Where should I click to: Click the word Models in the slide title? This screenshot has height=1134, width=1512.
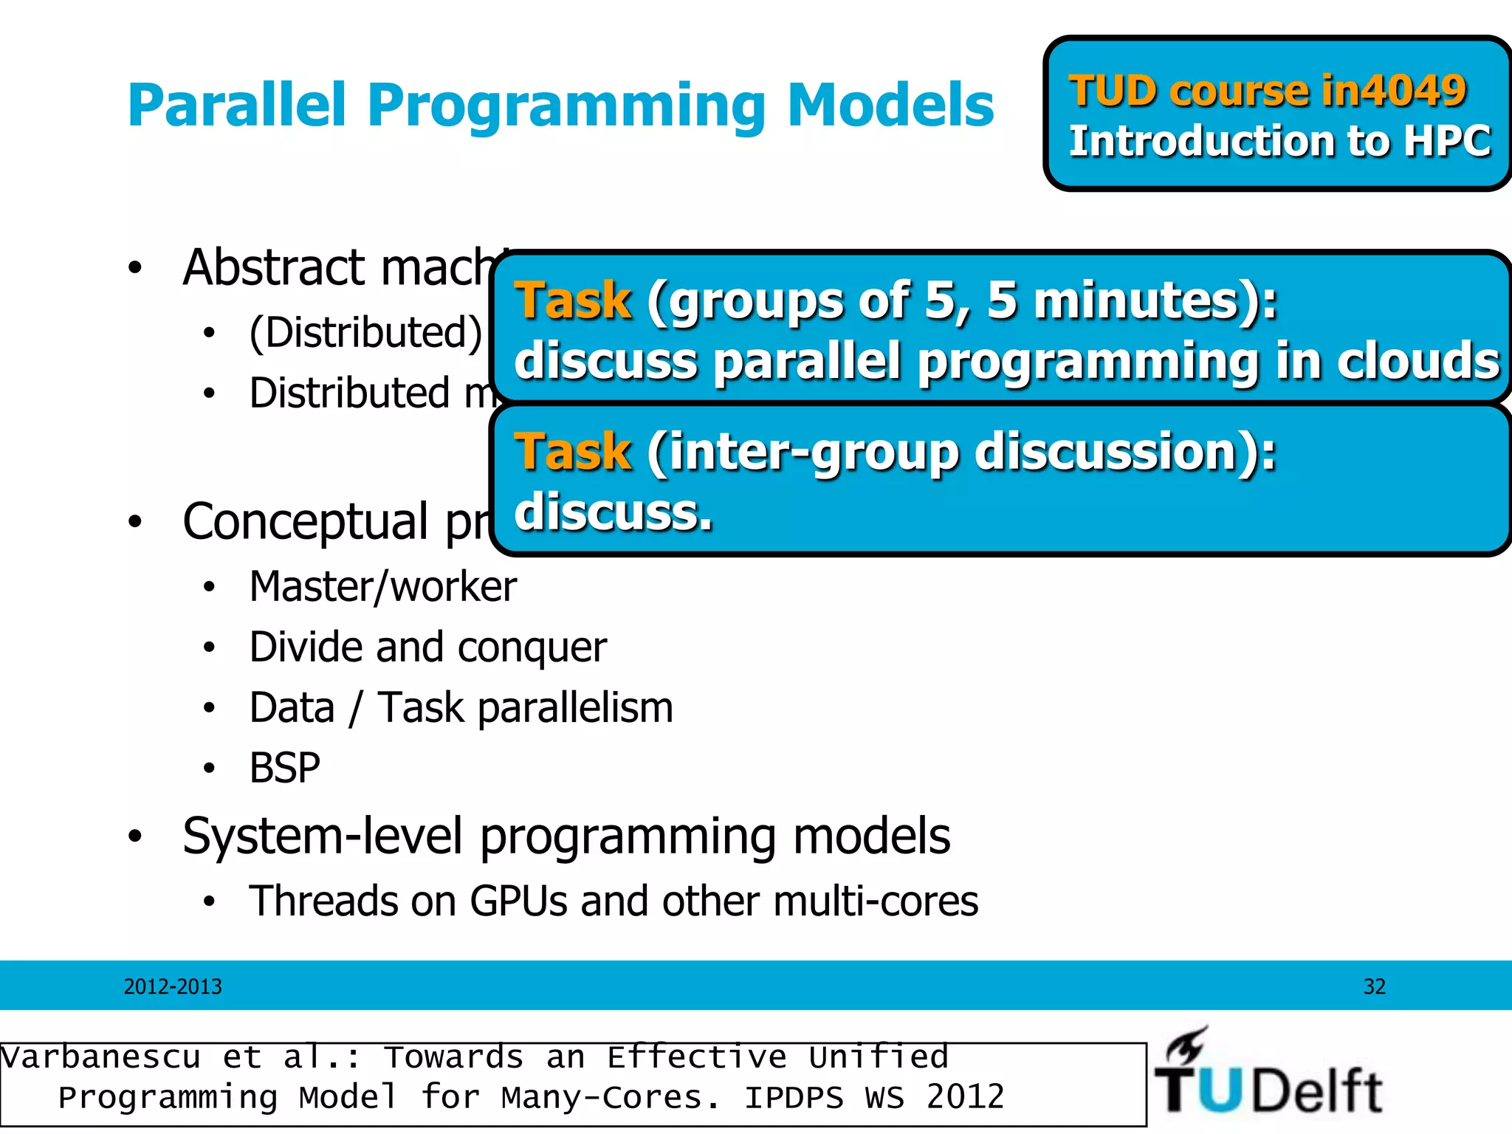[890, 106]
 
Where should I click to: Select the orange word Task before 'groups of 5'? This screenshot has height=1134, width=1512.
[573, 301]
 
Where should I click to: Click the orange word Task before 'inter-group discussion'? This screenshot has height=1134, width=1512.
[573, 452]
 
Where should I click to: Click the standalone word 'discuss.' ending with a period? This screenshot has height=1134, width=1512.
[614, 512]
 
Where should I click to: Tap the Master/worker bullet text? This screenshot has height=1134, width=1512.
[382, 587]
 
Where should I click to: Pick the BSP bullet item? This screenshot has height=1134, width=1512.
[284, 769]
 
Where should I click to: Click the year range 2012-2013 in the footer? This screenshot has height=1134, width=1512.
[173, 987]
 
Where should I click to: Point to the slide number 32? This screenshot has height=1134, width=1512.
[1374, 987]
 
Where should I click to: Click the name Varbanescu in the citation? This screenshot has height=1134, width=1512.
[100, 1057]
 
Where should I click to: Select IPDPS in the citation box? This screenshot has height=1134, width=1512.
[793, 1098]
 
